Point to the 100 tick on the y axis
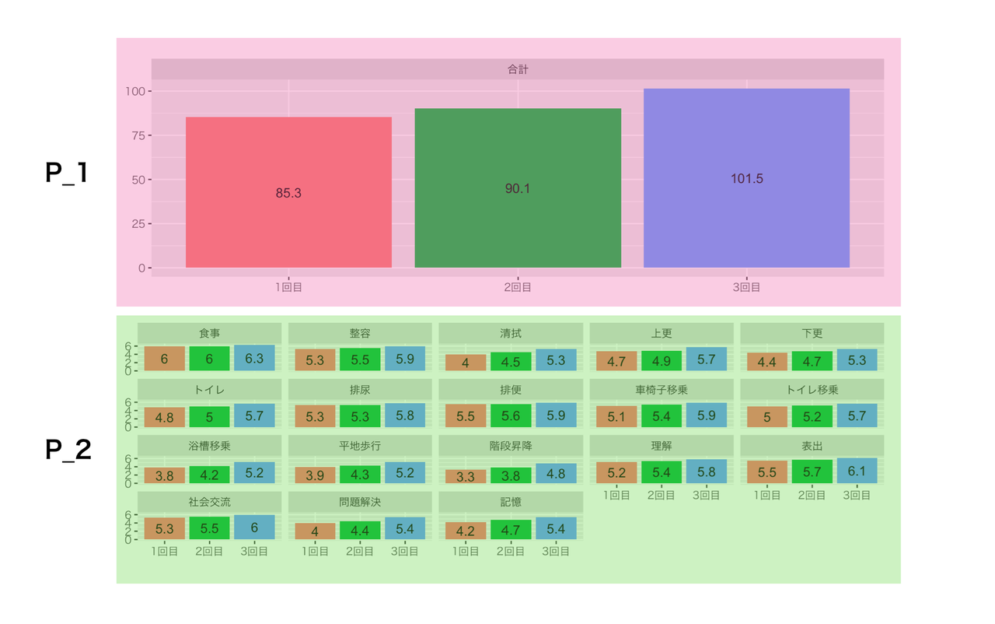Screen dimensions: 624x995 136,92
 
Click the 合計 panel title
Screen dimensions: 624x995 518,69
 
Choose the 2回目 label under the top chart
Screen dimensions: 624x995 518,287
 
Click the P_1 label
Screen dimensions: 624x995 67,173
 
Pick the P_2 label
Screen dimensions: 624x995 68,450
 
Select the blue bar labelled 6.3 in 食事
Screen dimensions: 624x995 254,359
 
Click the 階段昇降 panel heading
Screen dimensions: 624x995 511,446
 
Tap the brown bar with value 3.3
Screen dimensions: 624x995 466,476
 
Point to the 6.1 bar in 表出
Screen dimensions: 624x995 857,471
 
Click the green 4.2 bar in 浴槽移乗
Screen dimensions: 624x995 209,475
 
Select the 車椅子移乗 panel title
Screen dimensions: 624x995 662,390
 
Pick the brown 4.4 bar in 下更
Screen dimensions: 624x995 766,362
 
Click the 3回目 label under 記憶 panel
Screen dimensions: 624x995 556,552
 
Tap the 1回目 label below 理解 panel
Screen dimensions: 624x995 616,495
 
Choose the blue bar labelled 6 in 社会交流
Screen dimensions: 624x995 254,528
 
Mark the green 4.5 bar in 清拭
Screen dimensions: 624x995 511,362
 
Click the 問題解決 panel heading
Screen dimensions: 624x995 360,503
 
